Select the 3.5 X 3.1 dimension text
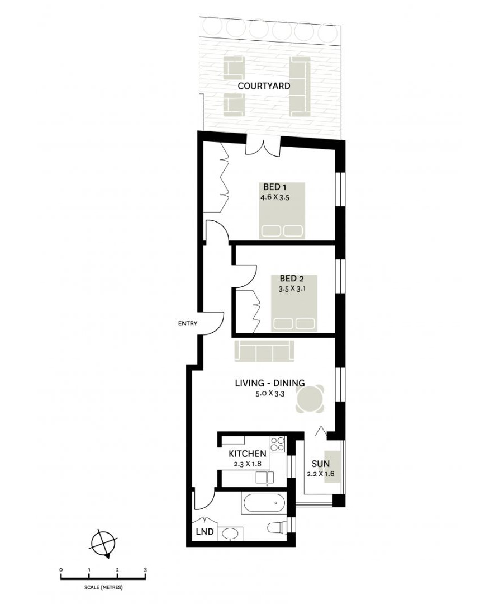[x=293, y=289]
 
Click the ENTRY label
[x=188, y=323]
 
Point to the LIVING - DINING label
[x=269, y=383]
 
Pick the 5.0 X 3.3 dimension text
[x=269, y=394]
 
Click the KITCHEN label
[x=248, y=454]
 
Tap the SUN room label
[x=321, y=464]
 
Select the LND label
[x=205, y=532]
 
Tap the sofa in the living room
[x=264, y=351]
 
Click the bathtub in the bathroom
[x=264, y=504]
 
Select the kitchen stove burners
[x=278, y=444]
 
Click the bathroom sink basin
[x=230, y=534]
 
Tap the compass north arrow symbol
[x=103, y=543]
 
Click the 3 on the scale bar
[x=145, y=570]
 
